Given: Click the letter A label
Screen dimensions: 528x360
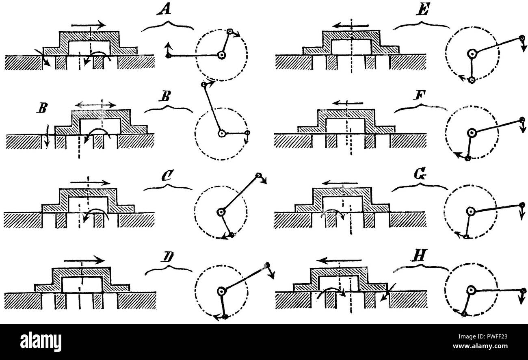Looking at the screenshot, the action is (164, 10).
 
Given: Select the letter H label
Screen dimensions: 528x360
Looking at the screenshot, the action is (419, 256).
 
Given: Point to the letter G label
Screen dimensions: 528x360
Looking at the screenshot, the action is (421, 174).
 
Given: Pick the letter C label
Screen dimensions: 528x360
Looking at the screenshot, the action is (168, 175).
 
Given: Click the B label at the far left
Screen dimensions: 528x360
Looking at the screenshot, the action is (42, 108).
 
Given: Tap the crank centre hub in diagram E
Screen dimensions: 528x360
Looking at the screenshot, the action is (472, 54).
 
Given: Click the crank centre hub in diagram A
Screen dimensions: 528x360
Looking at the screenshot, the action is (221, 55).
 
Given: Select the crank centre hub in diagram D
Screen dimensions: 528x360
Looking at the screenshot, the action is (222, 291).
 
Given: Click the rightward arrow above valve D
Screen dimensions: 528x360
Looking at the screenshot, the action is (84, 260).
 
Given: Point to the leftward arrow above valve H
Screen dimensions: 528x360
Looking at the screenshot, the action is (339, 260).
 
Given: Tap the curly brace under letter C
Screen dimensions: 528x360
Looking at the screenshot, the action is (168, 187).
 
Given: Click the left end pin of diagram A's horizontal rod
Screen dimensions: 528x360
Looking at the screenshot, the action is (168, 56).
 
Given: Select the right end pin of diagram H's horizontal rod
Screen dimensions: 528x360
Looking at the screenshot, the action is (523, 291).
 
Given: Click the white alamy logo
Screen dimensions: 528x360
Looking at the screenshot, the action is (41, 342).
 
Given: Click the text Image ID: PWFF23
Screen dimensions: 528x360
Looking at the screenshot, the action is (483, 336).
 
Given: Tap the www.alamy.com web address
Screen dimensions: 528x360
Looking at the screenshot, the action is (480, 346).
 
